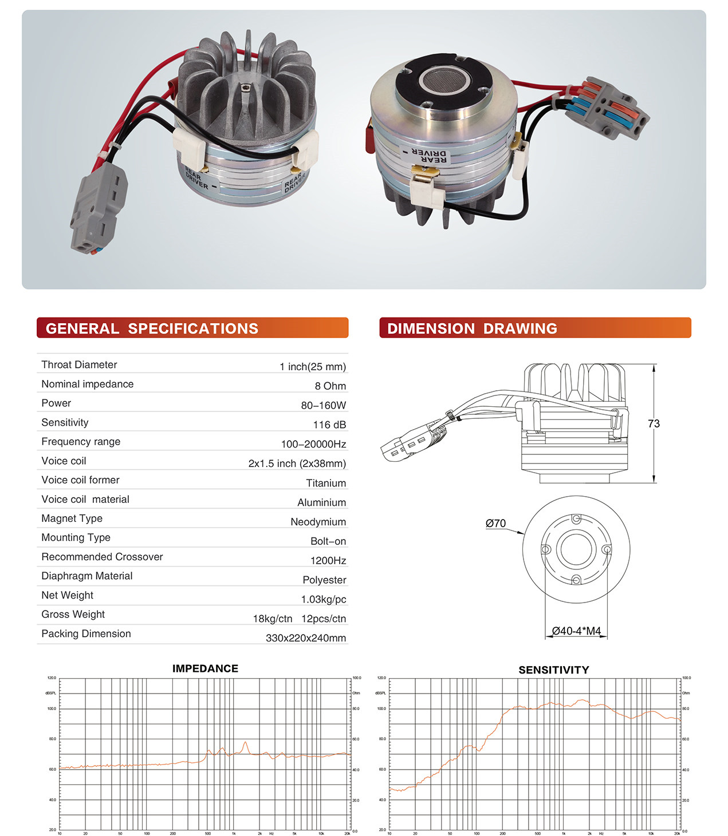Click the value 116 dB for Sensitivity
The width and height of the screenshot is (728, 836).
pyautogui.click(x=329, y=425)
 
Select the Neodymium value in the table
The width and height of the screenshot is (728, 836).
pyautogui.click(x=318, y=522)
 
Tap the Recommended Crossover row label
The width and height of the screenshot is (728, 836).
pyautogui.click(x=102, y=557)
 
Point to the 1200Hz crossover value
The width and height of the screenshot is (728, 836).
pyautogui.click(x=328, y=561)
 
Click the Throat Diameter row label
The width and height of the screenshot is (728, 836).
pyautogui.click(x=79, y=364)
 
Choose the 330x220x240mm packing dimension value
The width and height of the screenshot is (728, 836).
pyautogui.click(x=306, y=638)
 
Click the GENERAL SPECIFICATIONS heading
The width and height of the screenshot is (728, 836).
pyautogui.click(x=152, y=328)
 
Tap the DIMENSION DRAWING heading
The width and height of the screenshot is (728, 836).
pyautogui.click(x=472, y=328)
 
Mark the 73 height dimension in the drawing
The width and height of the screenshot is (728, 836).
pyautogui.click(x=654, y=423)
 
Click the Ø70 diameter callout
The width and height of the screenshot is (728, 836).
pyautogui.click(x=495, y=523)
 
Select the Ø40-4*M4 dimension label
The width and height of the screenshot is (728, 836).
pyautogui.click(x=576, y=631)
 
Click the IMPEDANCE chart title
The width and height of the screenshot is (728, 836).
pyautogui.click(x=205, y=668)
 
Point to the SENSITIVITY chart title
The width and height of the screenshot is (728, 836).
pyautogui.click(x=553, y=670)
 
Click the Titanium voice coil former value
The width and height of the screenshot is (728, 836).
pyautogui.click(x=326, y=483)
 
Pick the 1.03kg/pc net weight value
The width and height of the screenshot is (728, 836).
pyautogui.click(x=324, y=599)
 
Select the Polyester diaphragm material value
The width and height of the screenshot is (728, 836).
pyautogui.click(x=324, y=580)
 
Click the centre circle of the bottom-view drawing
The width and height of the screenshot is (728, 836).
pyautogui.click(x=576, y=549)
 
